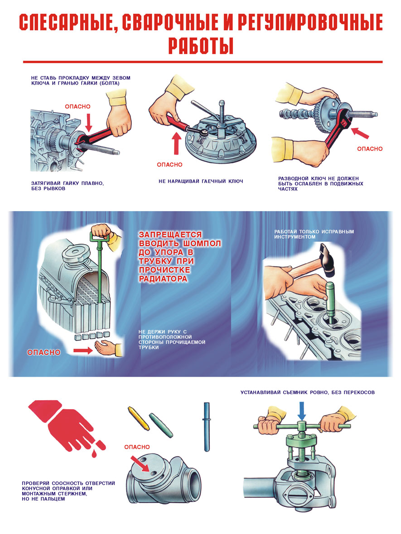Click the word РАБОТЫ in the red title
click(201, 46)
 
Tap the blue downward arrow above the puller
click(302, 411)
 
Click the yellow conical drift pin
click(138, 417)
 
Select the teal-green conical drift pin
click(161, 425)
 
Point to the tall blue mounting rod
click(207, 427)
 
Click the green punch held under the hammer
click(330, 300)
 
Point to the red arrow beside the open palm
click(83, 350)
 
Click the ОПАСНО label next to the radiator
click(43, 352)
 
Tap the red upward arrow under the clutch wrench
click(176, 143)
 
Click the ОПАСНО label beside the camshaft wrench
click(370, 149)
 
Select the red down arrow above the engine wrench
click(89, 122)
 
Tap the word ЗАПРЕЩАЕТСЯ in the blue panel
click(170, 235)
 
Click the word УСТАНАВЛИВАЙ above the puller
click(261, 392)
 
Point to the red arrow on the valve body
click(140, 463)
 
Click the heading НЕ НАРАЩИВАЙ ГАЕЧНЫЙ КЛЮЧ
click(201, 181)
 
